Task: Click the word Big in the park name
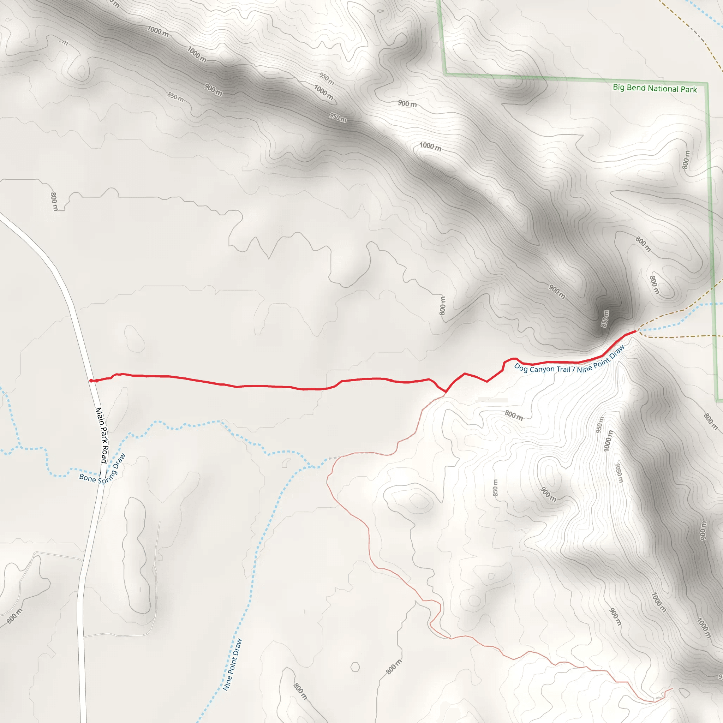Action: click(x=619, y=87)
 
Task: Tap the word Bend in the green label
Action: click(x=636, y=88)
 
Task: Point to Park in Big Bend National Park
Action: click(x=688, y=89)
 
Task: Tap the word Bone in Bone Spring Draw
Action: click(x=87, y=478)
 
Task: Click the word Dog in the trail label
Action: click(x=521, y=367)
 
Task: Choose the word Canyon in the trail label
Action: click(x=542, y=370)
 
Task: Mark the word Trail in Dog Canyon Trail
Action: click(x=563, y=370)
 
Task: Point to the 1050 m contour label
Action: click(x=619, y=473)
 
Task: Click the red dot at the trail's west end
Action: click(x=91, y=381)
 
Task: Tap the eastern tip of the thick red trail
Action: click(x=636, y=331)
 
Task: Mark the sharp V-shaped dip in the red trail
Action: click(x=445, y=392)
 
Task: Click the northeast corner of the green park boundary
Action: click(x=707, y=84)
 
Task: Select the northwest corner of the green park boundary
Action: click(x=445, y=74)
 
